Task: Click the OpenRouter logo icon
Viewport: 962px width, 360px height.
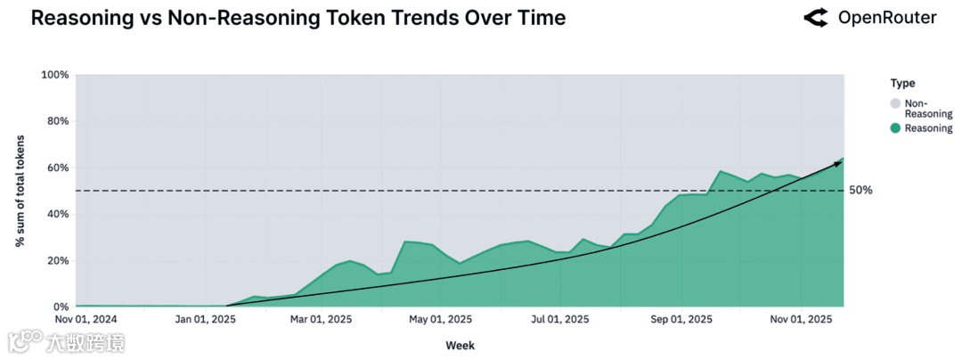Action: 815,18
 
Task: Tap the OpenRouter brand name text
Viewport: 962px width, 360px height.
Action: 887,18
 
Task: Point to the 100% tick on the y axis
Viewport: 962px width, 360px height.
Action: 55,75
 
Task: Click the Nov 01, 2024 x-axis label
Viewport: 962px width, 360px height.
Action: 86,319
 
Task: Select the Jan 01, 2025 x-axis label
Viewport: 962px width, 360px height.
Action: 206,319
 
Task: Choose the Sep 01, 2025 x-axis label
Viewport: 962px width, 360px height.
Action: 681,319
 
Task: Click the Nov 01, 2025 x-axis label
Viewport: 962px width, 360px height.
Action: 801,319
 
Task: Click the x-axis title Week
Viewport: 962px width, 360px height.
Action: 460,345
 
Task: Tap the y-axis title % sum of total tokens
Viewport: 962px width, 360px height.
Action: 20,191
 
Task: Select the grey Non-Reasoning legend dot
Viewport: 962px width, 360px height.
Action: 895,104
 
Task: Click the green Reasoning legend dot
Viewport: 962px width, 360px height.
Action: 895,128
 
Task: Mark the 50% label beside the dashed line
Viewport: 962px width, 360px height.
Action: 860,191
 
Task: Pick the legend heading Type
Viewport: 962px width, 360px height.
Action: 902,83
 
